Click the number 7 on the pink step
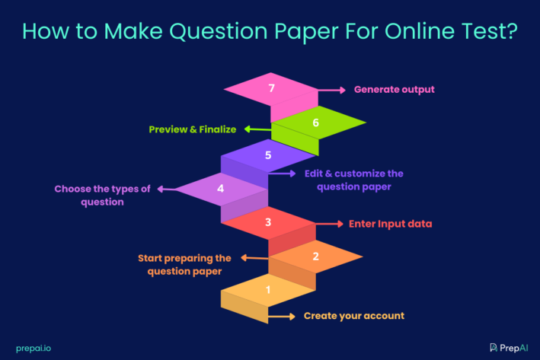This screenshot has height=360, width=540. [x=272, y=88]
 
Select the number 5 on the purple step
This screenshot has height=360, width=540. [x=268, y=155]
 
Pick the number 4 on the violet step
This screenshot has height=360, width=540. [x=220, y=188]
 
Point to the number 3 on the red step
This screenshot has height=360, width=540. [x=268, y=222]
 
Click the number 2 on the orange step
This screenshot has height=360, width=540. [x=315, y=256]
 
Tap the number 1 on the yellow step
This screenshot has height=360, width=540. [x=268, y=290]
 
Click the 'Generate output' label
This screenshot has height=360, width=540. [x=394, y=90]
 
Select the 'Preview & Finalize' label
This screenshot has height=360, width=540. [x=192, y=129]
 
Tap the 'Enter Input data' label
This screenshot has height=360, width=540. [x=390, y=225]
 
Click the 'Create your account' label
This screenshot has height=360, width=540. [x=354, y=316]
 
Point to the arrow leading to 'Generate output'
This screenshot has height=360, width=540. [x=332, y=90]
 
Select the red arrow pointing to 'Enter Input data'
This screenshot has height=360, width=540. [x=329, y=225]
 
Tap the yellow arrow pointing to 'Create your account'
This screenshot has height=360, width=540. [x=281, y=316]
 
